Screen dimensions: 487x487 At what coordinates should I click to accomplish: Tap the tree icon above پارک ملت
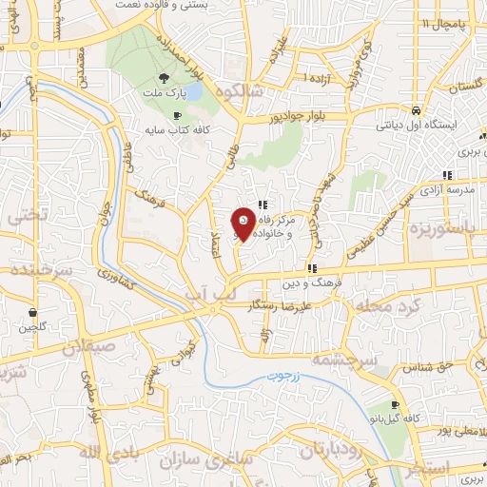(166, 80)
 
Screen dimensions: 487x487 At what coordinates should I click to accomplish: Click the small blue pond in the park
(192, 93)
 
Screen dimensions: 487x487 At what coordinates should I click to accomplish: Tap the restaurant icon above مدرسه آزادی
(447, 175)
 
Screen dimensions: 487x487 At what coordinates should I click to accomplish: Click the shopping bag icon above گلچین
(34, 312)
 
